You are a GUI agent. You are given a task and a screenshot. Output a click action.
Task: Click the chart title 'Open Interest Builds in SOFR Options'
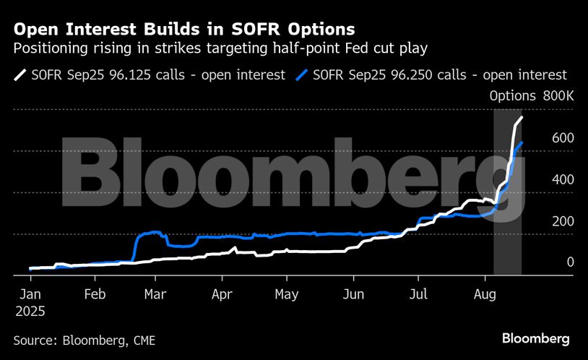[x=184, y=30]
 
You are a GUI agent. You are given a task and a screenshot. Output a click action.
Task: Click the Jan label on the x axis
[x=30, y=295]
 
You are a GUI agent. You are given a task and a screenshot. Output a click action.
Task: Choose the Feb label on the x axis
[x=95, y=295]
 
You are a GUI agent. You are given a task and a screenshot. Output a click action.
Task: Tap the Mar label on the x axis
[x=155, y=295]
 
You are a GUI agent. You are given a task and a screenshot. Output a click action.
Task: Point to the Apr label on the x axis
[x=222, y=295]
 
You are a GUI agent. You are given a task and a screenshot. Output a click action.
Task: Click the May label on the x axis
[x=287, y=295]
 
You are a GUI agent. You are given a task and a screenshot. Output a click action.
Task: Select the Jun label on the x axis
[x=353, y=295]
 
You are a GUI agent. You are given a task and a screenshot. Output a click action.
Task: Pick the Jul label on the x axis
[x=418, y=295]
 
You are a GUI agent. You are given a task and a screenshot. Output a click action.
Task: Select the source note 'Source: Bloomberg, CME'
[x=85, y=340]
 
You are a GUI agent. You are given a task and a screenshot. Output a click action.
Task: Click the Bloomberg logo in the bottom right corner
[x=536, y=338]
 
